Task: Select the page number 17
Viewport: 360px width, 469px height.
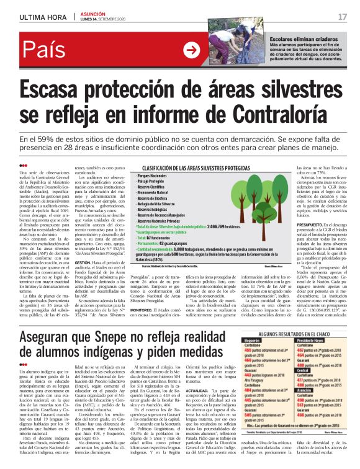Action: (x=342, y=16)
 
